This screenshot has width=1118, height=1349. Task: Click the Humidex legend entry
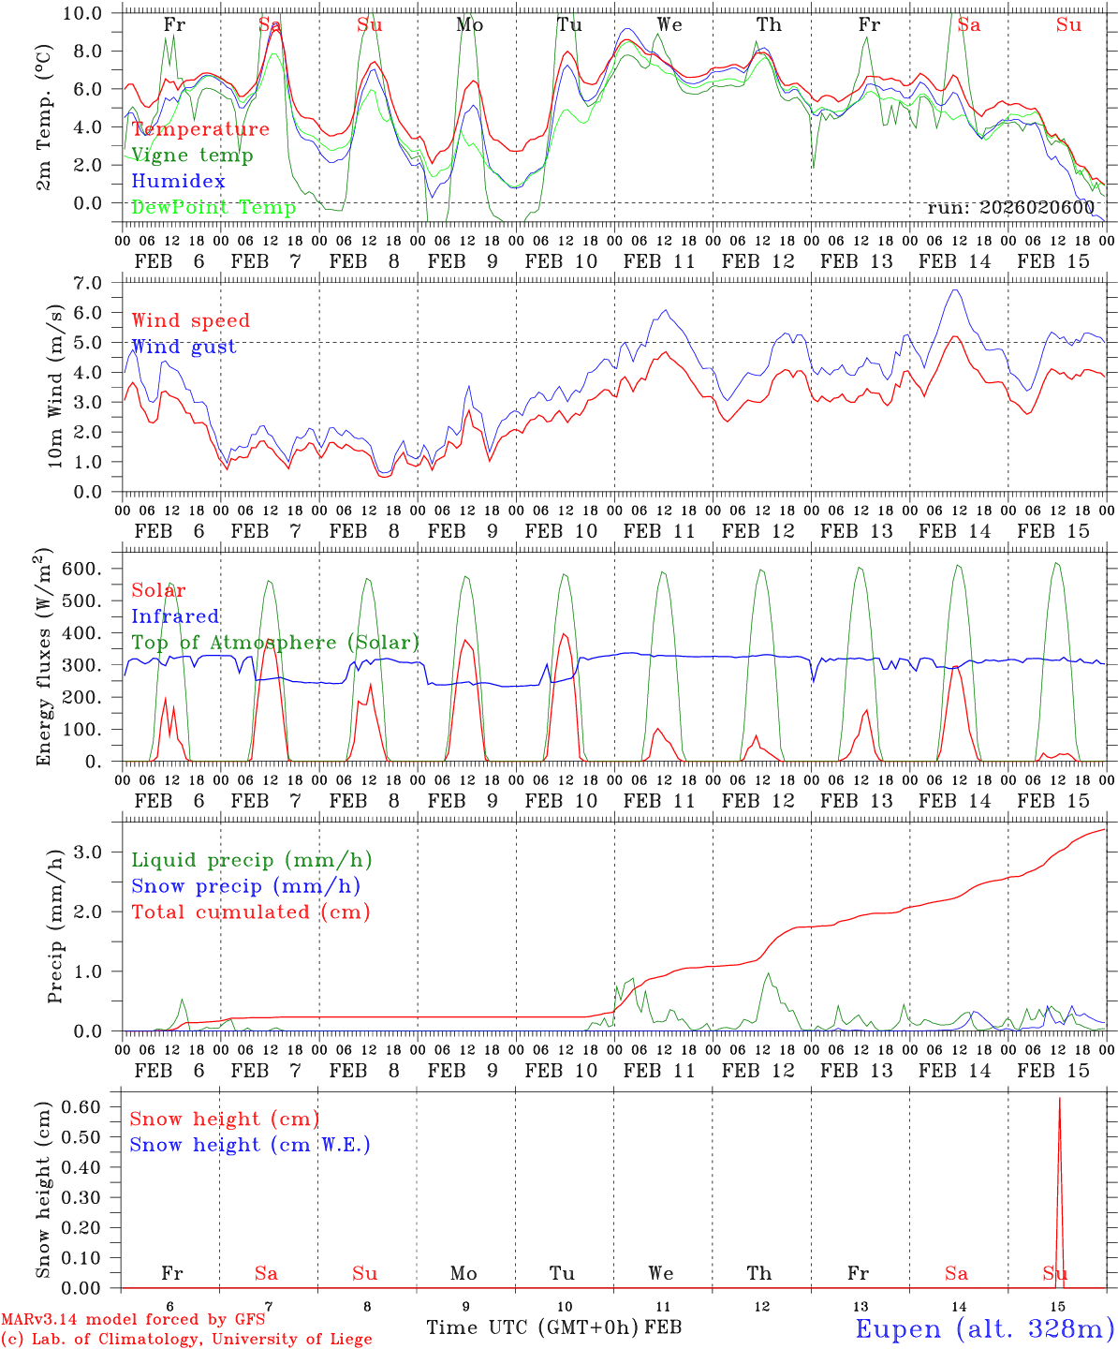point(178,181)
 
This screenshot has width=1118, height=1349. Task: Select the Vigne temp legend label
point(192,155)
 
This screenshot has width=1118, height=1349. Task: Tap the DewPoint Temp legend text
point(213,207)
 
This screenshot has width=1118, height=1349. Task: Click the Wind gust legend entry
point(184,347)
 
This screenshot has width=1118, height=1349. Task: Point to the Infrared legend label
point(175,615)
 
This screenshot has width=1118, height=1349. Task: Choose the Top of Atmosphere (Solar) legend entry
point(275,642)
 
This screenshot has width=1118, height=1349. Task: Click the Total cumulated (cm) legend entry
point(251,912)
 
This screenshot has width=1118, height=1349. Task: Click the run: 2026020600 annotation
point(1010,207)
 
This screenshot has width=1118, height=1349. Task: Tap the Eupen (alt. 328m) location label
point(984,1327)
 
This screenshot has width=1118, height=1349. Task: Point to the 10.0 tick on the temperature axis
point(94,12)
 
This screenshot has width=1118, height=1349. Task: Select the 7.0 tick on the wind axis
point(99,282)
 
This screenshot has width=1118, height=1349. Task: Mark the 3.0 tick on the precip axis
point(99,851)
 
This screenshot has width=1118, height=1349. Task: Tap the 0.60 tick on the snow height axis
point(89,1106)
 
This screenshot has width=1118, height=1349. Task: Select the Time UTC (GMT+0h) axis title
point(533,1327)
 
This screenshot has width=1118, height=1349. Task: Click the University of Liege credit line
point(186,1339)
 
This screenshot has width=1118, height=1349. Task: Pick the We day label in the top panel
point(669,24)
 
